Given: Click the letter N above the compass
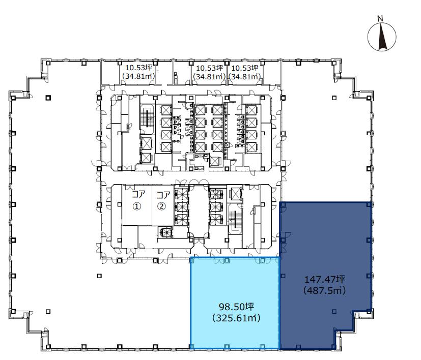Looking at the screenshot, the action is pyautogui.click(x=380, y=18).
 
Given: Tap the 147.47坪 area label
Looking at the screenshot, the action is pyautogui.click(x=324, y=280).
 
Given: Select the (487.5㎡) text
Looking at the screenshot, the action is pyautogui.click(x=324, y=290).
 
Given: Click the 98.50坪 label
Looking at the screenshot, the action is pyautogui.click(x=237, y=307).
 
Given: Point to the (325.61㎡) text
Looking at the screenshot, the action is pyautogui.click(x=237, y=318).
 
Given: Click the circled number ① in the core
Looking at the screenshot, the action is pyautogui.click(x=137, y=206).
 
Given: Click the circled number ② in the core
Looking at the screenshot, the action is pyautogui.click(x=162, y=206).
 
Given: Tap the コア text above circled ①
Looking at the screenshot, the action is pyautogui.click(x=138, y=194).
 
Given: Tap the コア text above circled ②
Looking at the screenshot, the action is pyautogui.click(x=163, y=194).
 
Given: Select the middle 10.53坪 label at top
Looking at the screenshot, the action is pyautogui.click(x=209, y=68).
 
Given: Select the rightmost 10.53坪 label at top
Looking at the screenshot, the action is pyautogui.click(x=245, y=68).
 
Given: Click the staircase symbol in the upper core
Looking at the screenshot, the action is pyautogui.click(x=147, y=118).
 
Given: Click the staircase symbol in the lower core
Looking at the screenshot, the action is pyautogui.click(x=235, y=220).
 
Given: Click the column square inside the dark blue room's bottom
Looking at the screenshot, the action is pyautogui.click(x=334, y=312).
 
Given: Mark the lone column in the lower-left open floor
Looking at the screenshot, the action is pyautogui.click(x=99, y=276).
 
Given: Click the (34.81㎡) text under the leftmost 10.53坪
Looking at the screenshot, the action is pyautogui.click(x=138, y=76).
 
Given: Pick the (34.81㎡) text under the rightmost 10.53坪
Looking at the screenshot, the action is pyautogui.click(x=245, y=77).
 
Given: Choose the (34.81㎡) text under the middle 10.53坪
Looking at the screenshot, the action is pyautogui.click(x=209, y=77).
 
